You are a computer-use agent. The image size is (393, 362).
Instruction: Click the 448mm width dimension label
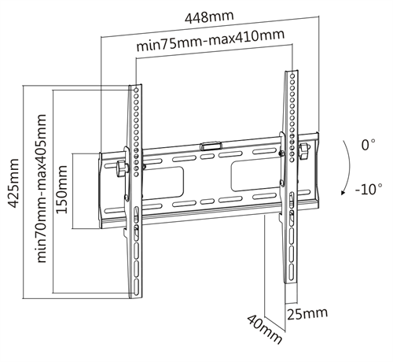(209, 17)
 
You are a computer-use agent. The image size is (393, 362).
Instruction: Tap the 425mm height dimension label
(13, 183)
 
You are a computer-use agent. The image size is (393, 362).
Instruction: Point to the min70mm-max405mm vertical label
(42, 188)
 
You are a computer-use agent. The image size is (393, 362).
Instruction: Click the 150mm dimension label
(61, 189)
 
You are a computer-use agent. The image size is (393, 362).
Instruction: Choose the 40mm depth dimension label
(265, 329)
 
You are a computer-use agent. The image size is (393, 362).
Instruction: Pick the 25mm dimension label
(307, 313)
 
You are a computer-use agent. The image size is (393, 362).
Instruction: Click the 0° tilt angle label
(368, 145)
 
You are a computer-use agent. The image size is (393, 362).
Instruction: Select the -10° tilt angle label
(369, 189)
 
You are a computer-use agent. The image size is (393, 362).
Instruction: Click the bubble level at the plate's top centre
(211, 146)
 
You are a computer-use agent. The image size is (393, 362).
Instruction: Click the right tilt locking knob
(305, 151)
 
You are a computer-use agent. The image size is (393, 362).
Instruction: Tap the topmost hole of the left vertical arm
(136, 90)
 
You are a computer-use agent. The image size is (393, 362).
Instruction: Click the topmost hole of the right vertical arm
(292, 76)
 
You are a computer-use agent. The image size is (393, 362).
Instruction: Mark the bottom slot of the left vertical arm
(136, 286)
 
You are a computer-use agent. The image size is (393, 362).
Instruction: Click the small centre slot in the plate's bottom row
(208, 201)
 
